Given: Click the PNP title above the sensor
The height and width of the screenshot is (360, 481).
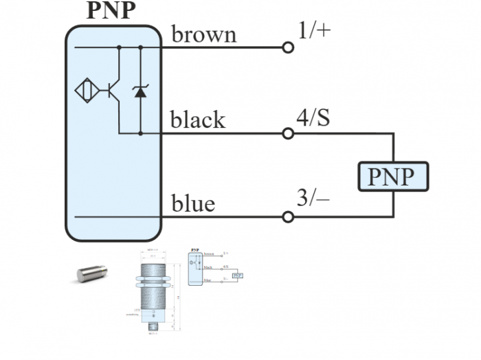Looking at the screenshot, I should (111, 11).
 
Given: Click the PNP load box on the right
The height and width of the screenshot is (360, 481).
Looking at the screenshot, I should (392, 176).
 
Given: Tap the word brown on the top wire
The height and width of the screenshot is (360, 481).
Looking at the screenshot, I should (203, 34).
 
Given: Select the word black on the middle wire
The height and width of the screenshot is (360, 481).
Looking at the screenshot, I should (198, 120).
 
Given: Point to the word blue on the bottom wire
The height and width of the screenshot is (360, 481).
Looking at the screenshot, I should (193, 203).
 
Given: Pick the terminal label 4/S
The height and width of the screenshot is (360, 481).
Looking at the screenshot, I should (313, 117).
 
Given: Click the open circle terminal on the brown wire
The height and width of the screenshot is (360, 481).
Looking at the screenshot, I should (289, 47).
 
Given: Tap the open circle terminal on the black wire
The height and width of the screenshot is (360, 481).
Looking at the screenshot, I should (289, 133).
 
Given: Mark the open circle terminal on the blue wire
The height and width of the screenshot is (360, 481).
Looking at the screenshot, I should (289, 217).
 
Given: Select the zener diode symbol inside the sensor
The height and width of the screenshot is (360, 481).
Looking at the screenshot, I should (140, 91).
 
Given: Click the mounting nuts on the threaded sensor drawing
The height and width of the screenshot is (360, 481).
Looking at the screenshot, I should (153, 282).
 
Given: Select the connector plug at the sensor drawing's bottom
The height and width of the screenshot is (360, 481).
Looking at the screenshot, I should (152, 327).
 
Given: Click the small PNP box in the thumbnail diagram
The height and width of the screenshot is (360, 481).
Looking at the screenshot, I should (237, 275).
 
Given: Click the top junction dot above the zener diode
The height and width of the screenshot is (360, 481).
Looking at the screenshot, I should (140, 47).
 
